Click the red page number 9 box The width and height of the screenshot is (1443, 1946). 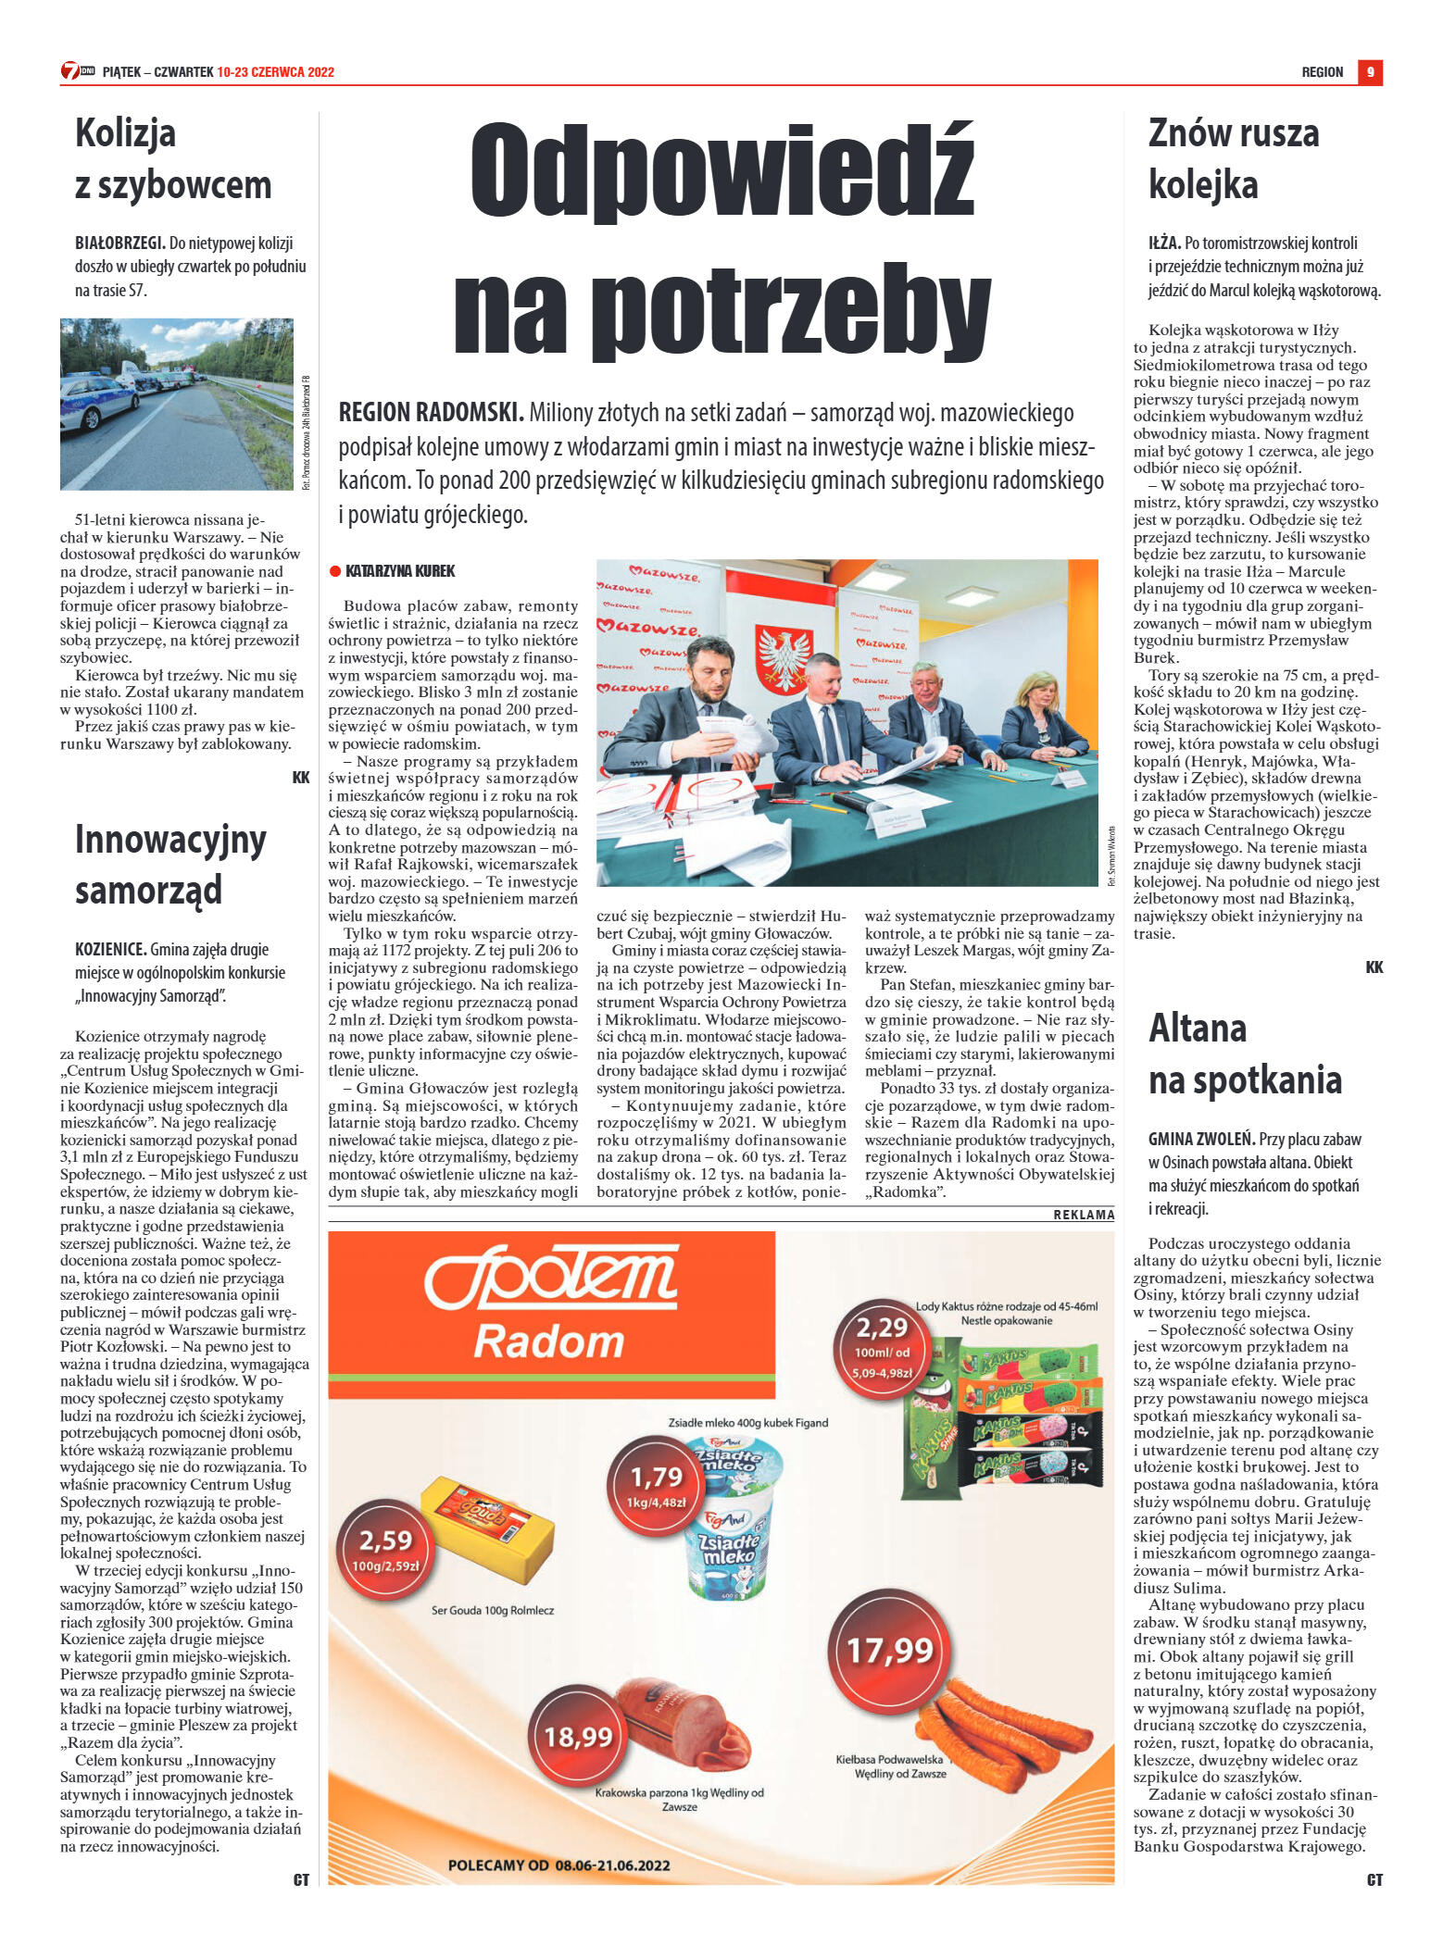point(1370,72)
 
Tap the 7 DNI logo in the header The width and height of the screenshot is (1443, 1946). point(78,71)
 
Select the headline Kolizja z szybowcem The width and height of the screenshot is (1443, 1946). point(173,158)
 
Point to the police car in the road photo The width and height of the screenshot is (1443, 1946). point(96,400)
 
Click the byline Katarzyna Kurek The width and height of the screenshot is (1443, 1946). point(400,571)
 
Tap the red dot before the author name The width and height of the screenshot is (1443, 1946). point(335,571)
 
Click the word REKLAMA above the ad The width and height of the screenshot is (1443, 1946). point(1084,1215)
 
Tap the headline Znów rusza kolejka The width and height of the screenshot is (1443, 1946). point(1233,158)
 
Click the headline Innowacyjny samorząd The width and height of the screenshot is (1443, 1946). point(170,865)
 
